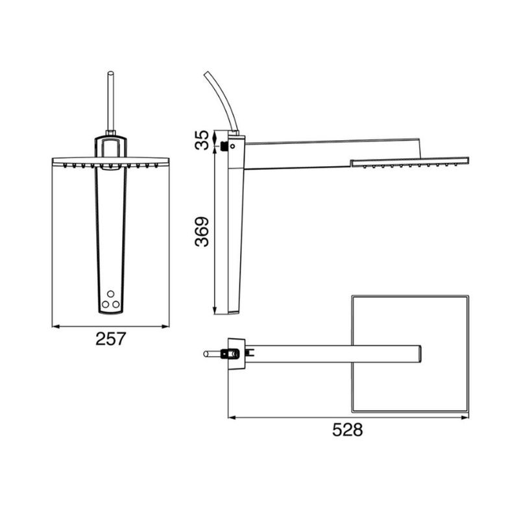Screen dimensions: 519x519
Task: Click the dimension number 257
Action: tap(110, 339)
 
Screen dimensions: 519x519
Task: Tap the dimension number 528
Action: tap(347, 430)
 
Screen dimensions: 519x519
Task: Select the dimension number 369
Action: tap(202, 232)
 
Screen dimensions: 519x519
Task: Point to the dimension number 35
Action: tap(202, 140)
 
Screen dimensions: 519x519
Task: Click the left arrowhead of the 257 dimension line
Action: tap(55, 326)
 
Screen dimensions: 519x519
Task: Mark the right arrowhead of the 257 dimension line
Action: tap(165, 326)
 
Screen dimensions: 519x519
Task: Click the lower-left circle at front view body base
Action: tap(106, 303)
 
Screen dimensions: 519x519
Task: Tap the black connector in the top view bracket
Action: tap(228, 354)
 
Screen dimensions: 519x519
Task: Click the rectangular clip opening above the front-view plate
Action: tap(110, 148)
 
